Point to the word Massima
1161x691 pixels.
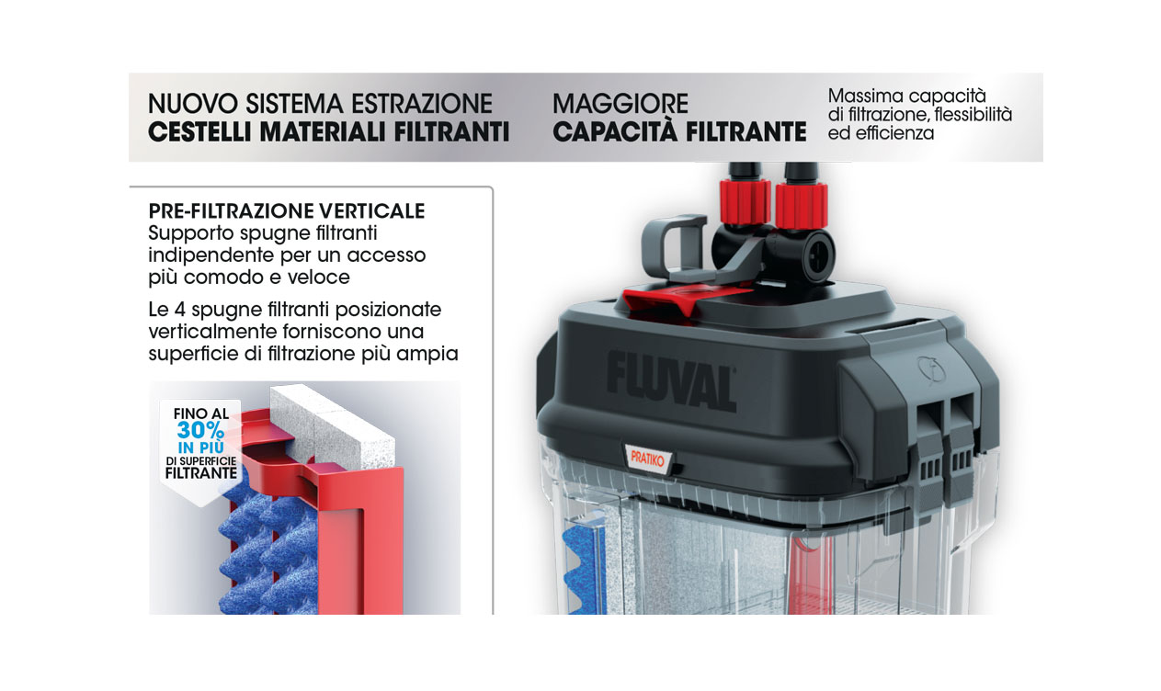(x=865, y=96)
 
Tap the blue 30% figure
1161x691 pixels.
(x=200, y=429)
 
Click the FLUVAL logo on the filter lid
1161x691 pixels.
(x=671, y=378)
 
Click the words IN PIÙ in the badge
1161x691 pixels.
(x=200, y=447)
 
